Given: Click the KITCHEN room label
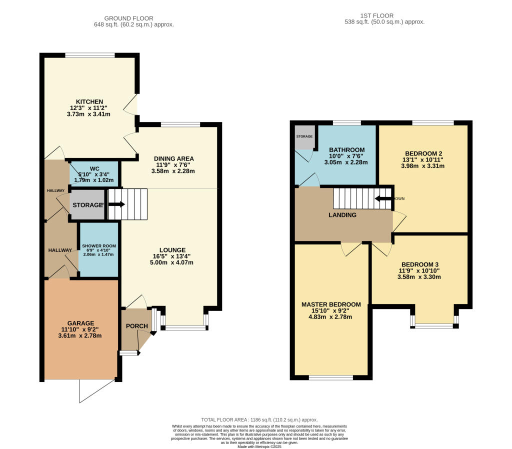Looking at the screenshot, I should (x=89, y=101).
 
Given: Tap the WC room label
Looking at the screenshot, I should (x=95, y=168).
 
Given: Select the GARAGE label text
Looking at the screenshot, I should (x=80, y=322).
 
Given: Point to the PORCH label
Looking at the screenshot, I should (x=136, y=326).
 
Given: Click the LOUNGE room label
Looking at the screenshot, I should (x=172, y=250).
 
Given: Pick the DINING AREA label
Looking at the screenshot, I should (x=173, y=158).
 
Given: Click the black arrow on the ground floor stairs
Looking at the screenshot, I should (x=116, y=204).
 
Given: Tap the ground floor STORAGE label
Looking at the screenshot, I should (x=88, y=205).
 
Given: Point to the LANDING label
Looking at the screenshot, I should (x=342, y=215).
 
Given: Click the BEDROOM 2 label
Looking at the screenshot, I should (x=423, y=153).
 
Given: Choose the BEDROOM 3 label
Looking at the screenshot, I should (x=420, y=264).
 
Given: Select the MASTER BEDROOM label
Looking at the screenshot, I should (x=331, y=304).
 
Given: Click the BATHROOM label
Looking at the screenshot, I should (x=346, y=150).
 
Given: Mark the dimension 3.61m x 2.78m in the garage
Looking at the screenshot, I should (x=80, y=335).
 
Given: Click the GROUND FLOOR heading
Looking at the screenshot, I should (x=133, y=16).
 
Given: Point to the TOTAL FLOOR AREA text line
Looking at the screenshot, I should (x=259, y=419).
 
